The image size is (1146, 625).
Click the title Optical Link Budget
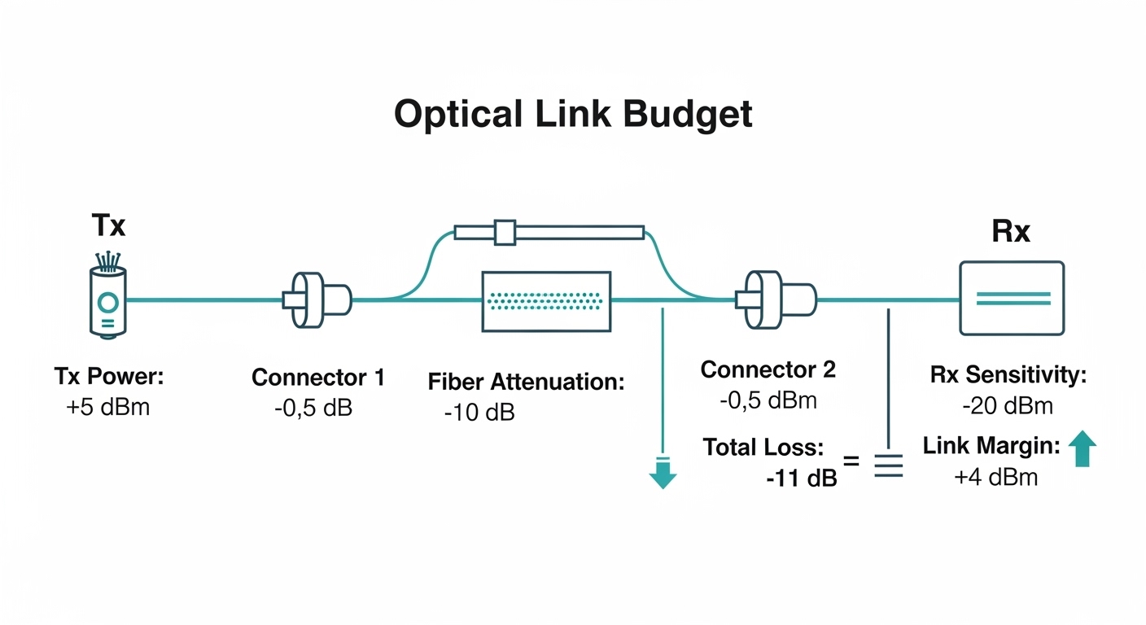[x=573, y=115]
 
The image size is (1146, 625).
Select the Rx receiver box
[x=1012, y=299]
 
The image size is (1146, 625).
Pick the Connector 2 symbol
[x=774, y=299]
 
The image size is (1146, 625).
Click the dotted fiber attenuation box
[x=546, y=301]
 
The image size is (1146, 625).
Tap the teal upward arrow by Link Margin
[x=1081, y=448]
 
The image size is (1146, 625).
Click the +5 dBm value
[x=107, y=407]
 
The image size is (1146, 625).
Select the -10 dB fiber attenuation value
[x=479, y=413]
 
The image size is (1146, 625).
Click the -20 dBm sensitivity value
[x=1008, y=405]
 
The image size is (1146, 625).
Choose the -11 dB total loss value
[x=801, y=479]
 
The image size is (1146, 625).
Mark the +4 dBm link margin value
[x=995, y=477]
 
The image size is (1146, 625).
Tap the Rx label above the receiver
[x=1010, y=232]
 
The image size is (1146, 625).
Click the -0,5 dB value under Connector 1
[x=313, y=408]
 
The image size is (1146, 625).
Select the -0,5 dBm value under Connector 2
[x=768, y=400]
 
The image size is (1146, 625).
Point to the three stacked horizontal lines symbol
[x=888, y=465]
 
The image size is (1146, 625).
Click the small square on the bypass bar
[x=505, y=233]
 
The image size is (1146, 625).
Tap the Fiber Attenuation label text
[x=526, y=382]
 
